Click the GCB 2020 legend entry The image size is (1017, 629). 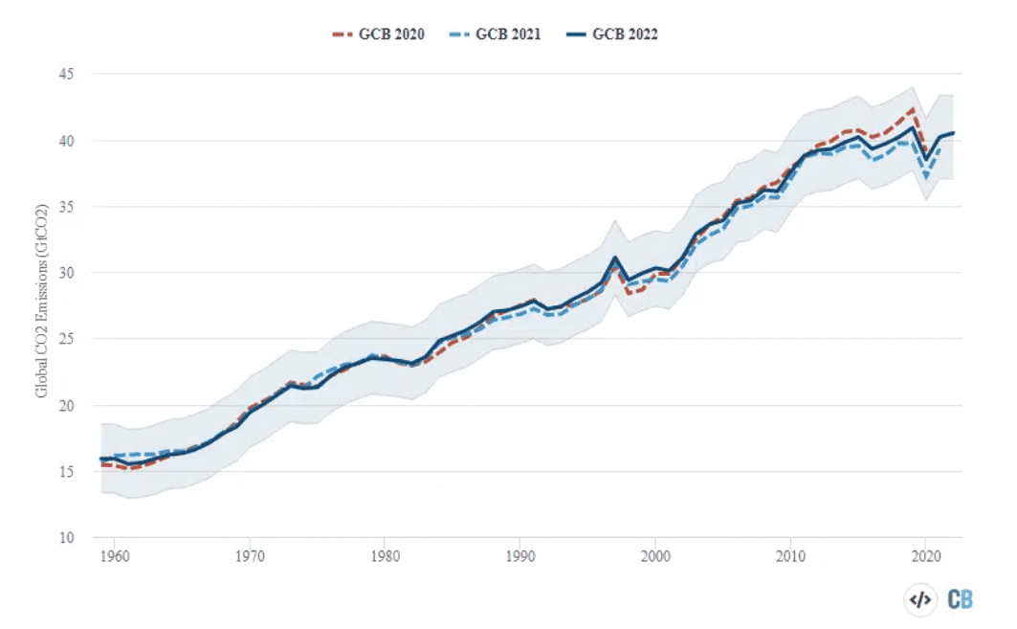point(374,34)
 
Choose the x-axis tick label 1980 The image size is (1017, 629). point(384,555)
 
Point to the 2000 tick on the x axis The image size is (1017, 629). point(654,555)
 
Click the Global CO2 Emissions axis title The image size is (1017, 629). point(42,304)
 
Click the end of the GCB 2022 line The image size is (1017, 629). point(953,133)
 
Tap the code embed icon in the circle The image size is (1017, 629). point(919,599)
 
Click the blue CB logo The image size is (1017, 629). point(961,599)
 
